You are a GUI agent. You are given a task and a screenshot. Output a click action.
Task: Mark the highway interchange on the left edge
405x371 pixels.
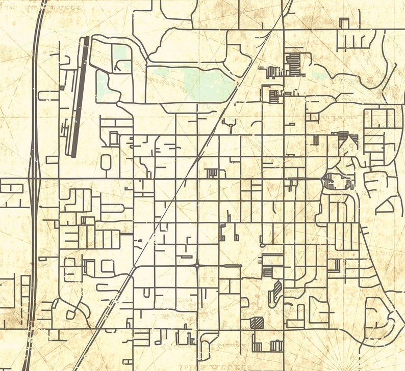tap(34, 178)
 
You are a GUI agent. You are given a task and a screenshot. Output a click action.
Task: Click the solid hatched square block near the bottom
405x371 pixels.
tap(257, 322)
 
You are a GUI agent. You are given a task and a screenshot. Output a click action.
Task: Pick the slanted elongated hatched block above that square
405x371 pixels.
tap(276, 291)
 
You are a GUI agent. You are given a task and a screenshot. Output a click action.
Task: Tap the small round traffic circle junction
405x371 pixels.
tap(197, 265)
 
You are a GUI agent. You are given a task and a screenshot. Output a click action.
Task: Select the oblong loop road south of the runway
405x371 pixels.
tap(106, 163)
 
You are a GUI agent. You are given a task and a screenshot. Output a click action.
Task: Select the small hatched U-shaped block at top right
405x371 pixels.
tap(344, 22)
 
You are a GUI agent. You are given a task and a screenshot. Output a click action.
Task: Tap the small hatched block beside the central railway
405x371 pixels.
tap(212, 173)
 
